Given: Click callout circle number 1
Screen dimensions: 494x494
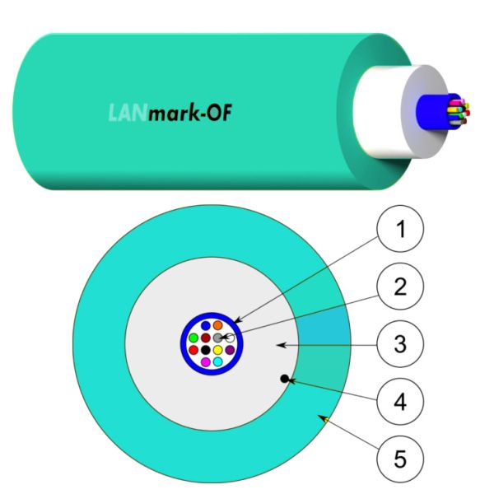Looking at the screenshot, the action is (x=400, y=228).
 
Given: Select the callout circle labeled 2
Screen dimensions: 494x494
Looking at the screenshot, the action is (x=400, y=287).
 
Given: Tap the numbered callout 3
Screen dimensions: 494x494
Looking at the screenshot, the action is (x=400, y=344).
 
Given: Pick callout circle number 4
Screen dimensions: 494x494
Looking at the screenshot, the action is (x=400, y=402).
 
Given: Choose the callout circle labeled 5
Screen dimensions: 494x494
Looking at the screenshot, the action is (x=400, y=459).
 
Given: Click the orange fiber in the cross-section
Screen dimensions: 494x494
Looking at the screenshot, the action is (x=217, y=325).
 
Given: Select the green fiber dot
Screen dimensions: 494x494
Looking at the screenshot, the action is (x=193, y=338).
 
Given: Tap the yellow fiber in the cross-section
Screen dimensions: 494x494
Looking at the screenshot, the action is (x=217, y=350).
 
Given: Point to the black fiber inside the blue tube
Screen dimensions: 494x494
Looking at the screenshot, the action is (x=206, y=350).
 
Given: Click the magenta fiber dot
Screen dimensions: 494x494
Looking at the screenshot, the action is (x=206, y=362).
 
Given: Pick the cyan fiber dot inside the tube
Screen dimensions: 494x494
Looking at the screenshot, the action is (x=217, y=362).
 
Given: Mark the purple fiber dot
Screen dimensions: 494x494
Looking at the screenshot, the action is (x=230, y=350).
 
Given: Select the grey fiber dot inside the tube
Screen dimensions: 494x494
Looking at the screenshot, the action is (x=217, y=338).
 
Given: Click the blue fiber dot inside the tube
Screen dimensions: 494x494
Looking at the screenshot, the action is (x=206, y=325).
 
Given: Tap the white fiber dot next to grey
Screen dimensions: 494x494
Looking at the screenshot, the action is (x=230, y=338).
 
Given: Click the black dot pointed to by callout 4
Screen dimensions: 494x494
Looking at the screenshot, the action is (x=285, y=379).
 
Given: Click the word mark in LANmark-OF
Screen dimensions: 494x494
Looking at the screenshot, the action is (x=173, y=114).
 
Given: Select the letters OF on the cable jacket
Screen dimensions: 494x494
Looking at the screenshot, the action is (x=220, y=113).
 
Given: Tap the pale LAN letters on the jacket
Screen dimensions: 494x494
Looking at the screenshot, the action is (x=128, y=113).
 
